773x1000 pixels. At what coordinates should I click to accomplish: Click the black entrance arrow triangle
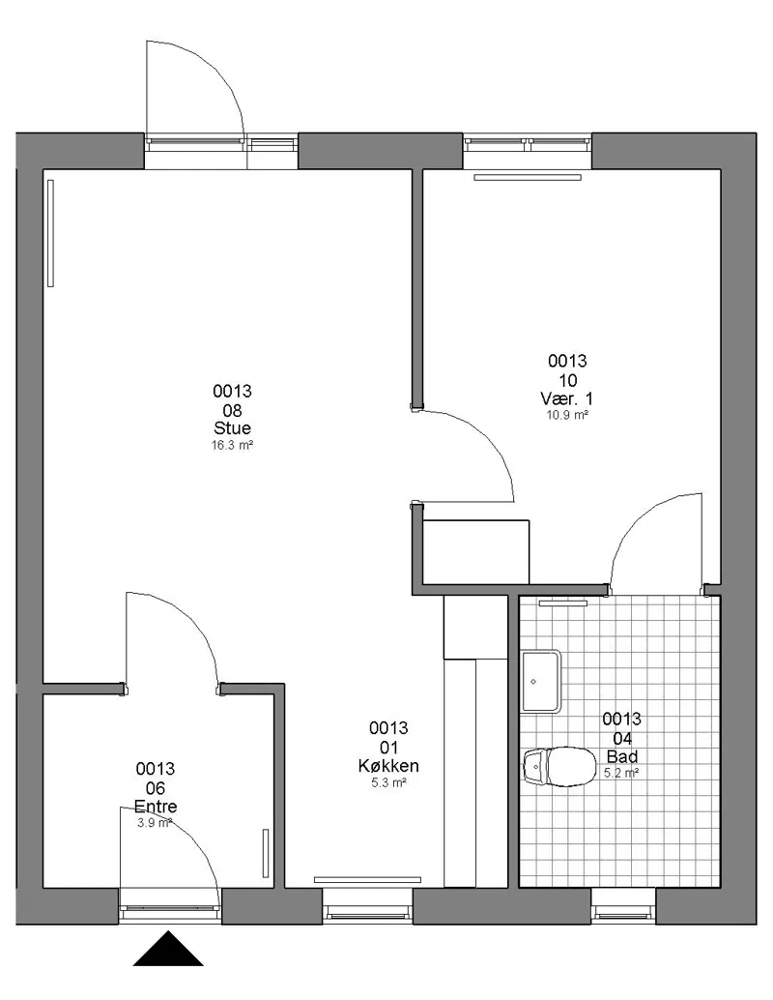pyautogui.click(x=168, y=950)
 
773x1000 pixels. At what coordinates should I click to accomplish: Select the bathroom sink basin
pyautogui.click(x=541, y=681)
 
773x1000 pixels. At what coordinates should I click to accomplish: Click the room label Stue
pyautogui.click(x=232, y=427)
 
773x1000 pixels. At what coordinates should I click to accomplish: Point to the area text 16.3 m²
pyautogui.click(x=232, y=445)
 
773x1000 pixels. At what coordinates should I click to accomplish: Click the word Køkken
pyautogui.click(x=388, y=765)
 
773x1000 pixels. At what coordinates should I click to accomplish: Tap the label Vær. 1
pyautogui.click(x=566, y=398)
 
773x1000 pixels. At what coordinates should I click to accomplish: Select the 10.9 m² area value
pyautogui.click(x=566, y=415)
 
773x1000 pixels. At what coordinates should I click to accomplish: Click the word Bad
pyautogui.click(x=621, y=757)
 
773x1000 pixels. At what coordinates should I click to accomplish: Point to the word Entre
pyautogui.click(x=156, y=807)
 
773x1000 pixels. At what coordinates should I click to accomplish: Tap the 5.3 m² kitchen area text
pyautogui.click(x=388, y=782)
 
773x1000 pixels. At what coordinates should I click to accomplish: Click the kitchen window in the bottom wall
pyautogui.click(x=368, y=905)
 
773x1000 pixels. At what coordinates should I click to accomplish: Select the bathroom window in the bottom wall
pyautogui.click(x=623, y=905)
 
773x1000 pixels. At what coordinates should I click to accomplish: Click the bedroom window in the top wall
pyautogui.click(x=527, y=144)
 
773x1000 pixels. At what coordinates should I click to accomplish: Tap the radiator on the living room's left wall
pyautogui.click(x=50, y=233)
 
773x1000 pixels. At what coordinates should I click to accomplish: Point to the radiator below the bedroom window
pyautogui.click(x=528, y=177)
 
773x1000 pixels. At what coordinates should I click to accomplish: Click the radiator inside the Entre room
pyautogui.click(x=266, y=854)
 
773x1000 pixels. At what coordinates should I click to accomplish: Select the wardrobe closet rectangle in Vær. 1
pyautogui.click(x=476, y=551)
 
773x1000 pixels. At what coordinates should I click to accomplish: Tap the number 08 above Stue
pyautogui.click(x=232, y=409)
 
